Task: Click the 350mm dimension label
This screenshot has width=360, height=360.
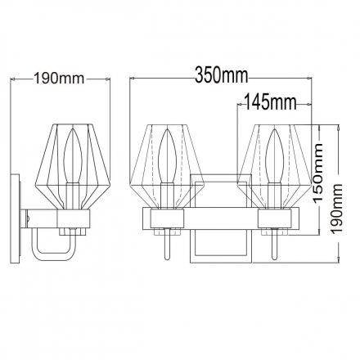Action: coord(222,75)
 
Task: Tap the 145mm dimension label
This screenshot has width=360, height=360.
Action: coord(269,102)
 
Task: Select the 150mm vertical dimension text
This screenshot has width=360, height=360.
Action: coord(317,173)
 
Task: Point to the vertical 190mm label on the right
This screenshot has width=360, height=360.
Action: coord(336,209)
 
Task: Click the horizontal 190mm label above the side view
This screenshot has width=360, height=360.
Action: coord(59,79)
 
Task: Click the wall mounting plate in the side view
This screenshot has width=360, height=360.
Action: coord(16,218)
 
